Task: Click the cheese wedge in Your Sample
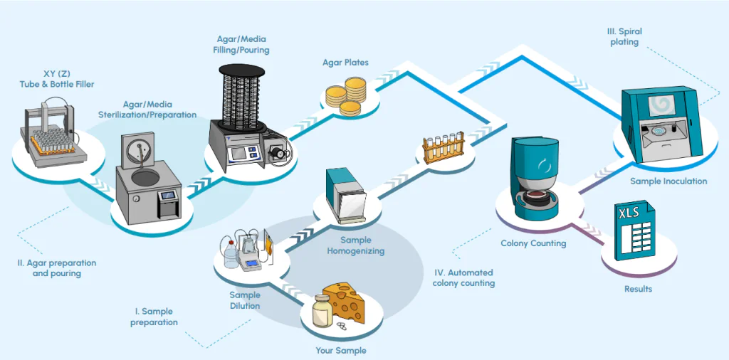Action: (345, 302)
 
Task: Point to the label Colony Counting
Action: (533, 243)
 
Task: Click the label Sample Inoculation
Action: (668, 181)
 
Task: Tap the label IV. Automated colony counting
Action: (463, 277)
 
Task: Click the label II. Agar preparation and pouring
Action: (57, 268)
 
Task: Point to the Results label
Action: (638, 289)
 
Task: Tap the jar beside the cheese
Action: (323, 310)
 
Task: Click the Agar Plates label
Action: (345, 63)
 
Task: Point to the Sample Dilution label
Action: (245, 300)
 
